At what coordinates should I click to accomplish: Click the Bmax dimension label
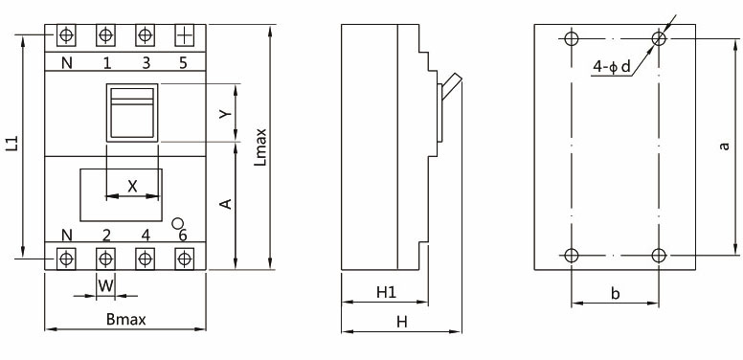[126, 319]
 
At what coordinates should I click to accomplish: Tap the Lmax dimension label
[260, 146]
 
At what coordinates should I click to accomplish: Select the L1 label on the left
[12, 144]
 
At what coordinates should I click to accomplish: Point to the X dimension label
[133, 186]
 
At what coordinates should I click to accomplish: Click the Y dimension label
[226, 114]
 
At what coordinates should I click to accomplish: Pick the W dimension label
[106, 285]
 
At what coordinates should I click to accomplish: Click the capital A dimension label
[226, 204]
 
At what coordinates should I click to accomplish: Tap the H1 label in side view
[386, 293]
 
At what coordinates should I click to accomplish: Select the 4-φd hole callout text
[612, 67]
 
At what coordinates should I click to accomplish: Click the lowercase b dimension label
[615, 294]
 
